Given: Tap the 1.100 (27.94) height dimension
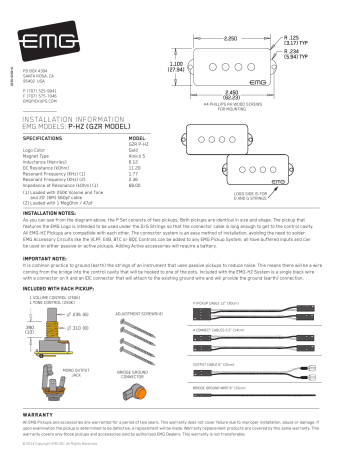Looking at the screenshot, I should (x=172, y=67).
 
